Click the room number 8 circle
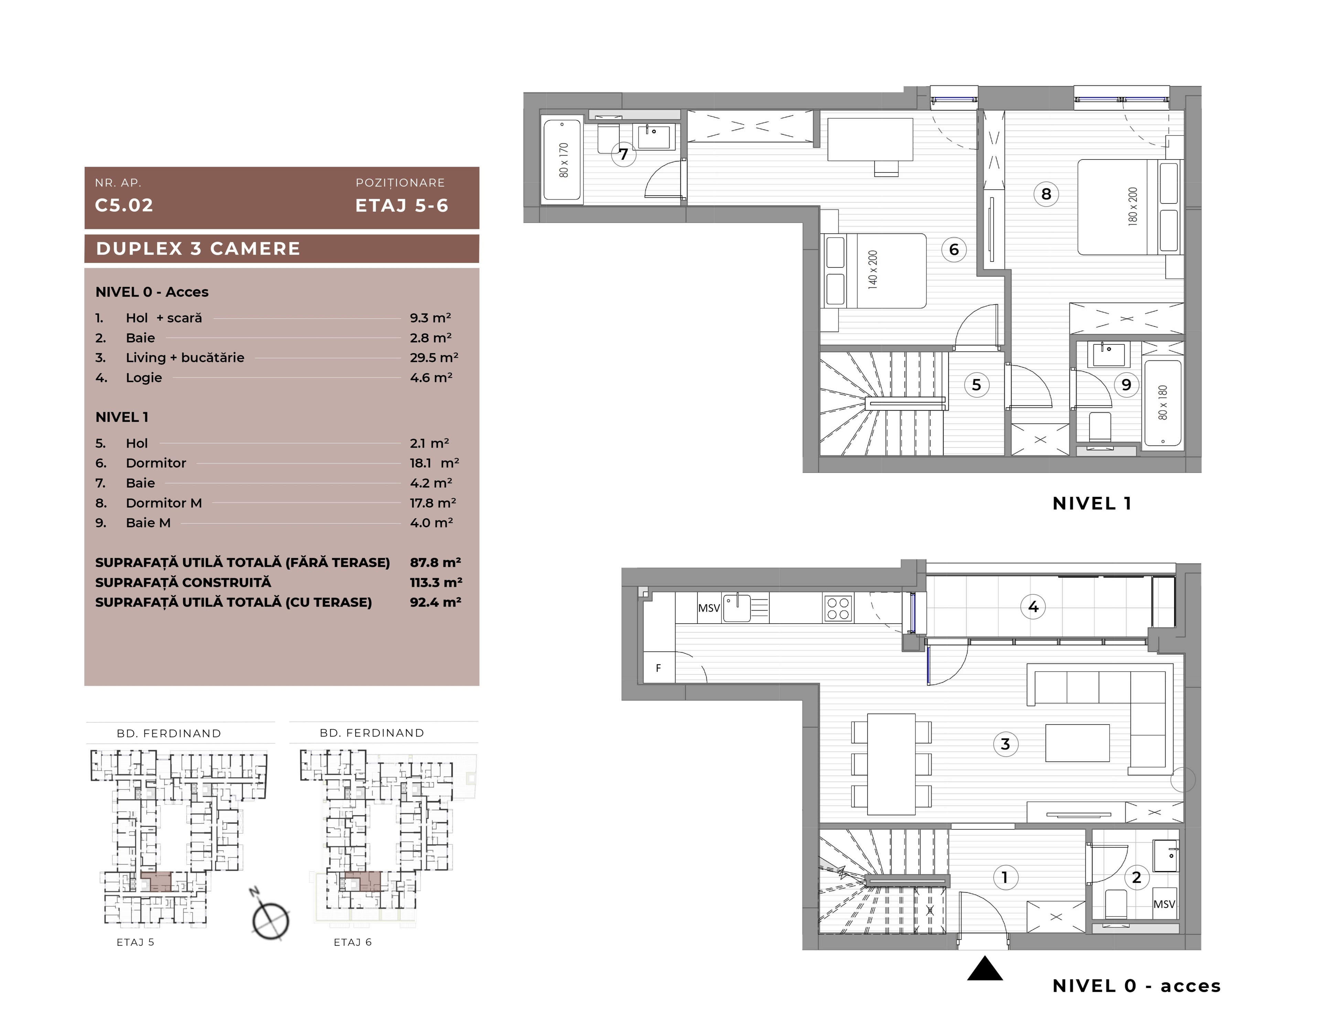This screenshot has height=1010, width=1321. [1046, 194]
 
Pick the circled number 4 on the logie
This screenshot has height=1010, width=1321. [1033, 607]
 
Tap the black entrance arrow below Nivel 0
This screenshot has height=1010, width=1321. [985, 968]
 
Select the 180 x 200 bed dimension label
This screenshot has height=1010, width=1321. [1133, 206]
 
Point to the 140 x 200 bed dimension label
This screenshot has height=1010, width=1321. [873, 270]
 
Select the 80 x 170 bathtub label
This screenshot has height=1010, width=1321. [563, 160]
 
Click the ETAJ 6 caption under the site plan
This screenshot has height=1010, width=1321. [353, 942]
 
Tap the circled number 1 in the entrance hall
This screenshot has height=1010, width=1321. [1005, 877]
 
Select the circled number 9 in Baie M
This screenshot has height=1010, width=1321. [1127, 385]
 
